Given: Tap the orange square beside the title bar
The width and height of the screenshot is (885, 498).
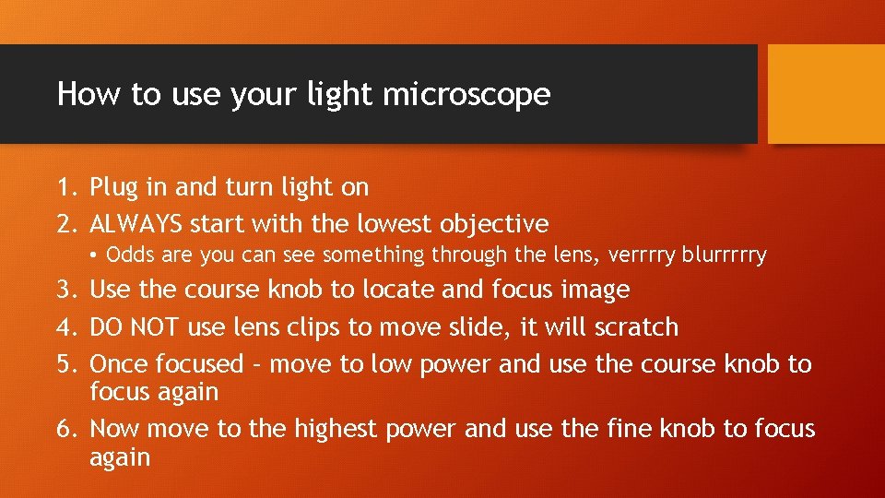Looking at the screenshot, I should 826,94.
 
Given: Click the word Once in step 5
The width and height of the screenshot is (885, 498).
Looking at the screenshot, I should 120,364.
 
